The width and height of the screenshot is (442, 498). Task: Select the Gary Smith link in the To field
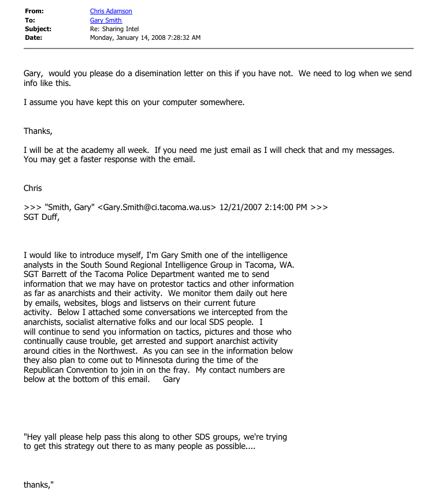pos(106,20)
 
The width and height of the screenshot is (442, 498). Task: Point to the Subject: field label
pos(38,29)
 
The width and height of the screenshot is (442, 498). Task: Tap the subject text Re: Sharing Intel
pos(114,29)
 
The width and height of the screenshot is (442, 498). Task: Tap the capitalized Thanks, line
pos(38,131)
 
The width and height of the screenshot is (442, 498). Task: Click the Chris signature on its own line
pos(33,188)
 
